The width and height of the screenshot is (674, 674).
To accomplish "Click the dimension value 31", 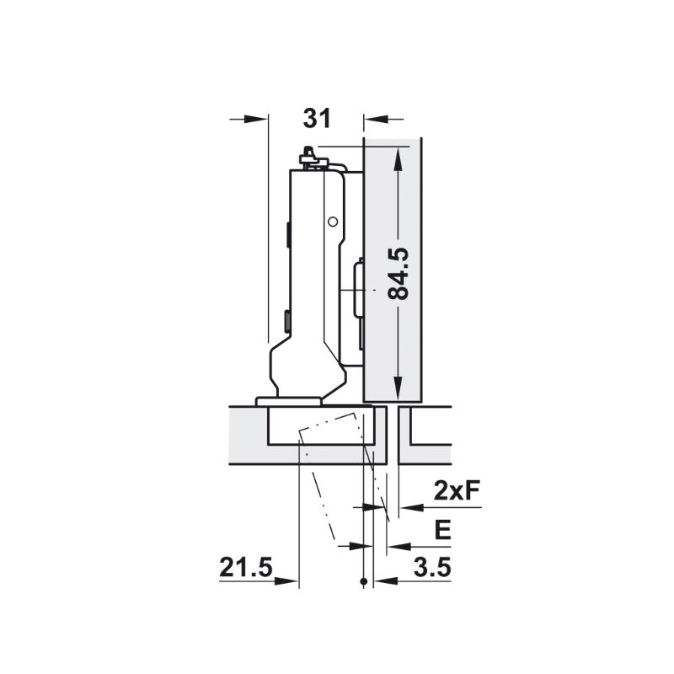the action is [318, 119].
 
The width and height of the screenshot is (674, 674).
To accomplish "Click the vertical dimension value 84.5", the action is [397, 273].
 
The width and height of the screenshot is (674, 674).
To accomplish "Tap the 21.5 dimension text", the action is [246, 567].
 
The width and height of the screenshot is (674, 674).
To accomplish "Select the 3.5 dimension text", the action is [432, 567].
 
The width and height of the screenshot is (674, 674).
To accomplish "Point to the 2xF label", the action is [457, 490].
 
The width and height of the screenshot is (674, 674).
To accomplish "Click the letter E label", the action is [443, 530].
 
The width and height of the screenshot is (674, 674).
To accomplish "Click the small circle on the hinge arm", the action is [332, 222].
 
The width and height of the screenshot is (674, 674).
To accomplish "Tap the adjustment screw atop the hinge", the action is [308, 157].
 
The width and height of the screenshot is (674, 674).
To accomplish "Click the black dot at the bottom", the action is [364, 581].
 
